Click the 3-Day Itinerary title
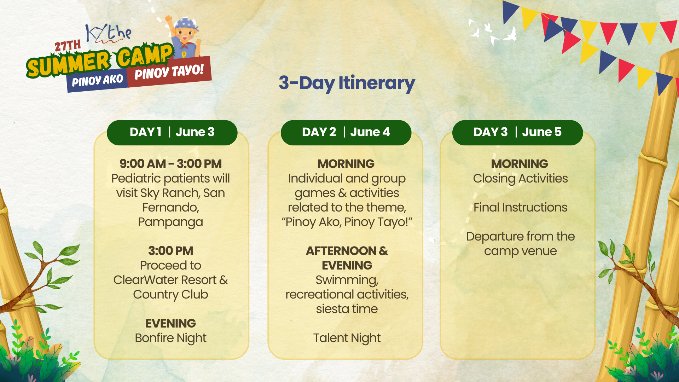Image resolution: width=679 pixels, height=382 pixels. [347, 83]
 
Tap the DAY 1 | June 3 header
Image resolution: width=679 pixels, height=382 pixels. [172, 132]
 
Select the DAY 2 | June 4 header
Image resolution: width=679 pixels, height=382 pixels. [346, 132]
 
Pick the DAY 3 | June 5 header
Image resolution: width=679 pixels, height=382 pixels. [517, 132]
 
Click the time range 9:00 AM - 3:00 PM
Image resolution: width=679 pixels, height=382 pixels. [170, 164]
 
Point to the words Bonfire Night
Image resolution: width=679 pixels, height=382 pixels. [170, 338]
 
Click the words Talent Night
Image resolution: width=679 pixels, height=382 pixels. [347, 338]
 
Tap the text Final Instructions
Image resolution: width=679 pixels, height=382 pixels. [520, 207]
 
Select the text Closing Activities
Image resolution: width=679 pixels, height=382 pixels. [520, 179]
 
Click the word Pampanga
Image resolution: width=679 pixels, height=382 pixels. [170, 222]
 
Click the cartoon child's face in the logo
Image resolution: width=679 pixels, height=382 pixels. [184, 34]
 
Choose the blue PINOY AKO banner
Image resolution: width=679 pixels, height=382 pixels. [97, 81]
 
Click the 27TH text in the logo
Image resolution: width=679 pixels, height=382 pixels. [68, 46]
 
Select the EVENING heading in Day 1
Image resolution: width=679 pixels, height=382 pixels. [170, 323]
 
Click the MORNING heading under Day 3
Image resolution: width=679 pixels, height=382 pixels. [520, 164]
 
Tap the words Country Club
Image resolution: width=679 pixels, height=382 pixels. [170, 295]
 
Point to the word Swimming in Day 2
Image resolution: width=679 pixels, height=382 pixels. [347, 280]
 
